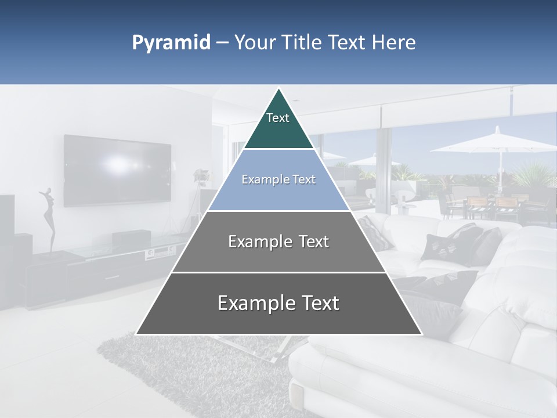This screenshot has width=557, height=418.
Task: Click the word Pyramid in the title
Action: pyautogui.click(x=171, y=43)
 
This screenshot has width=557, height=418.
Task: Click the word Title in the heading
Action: pyautogui.click(x=302, y=43)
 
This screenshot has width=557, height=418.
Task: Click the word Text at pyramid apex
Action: pyautogui.click(x=278, y=118)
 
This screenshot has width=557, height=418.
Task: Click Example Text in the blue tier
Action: pyautogui.click(x=278, y=179)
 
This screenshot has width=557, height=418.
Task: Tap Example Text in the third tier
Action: pyautogui.click(x=278, y=242)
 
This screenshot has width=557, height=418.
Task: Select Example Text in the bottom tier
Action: pyautogui.click(x=278, y=303)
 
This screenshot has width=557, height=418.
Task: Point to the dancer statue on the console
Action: pyautogui.click(x=49, y=218)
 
